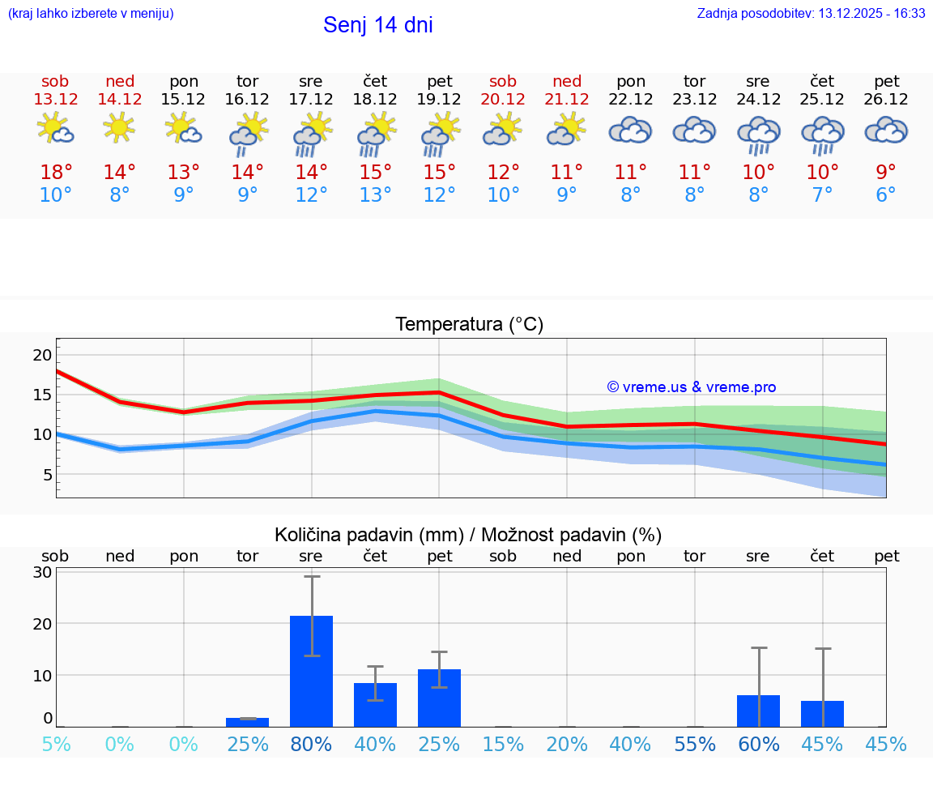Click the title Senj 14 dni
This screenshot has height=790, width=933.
[x=377, y=25]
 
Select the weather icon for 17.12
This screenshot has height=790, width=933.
[x=312, y=134]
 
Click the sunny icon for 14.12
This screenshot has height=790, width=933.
[x=119, y=128]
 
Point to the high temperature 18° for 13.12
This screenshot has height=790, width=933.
[x=56, y=173]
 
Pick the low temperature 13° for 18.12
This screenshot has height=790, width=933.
[x=375, y=195]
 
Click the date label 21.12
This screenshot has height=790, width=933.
[x=567, y=99]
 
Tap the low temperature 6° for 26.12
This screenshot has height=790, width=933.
[x=886, y=195]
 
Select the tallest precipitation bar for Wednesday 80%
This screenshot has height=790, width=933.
[x=312, y=671]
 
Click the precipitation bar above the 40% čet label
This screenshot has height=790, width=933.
[x=375, y=704]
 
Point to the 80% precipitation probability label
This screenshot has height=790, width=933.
[x=312, y=744]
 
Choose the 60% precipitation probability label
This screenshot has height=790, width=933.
[x=759, y=744]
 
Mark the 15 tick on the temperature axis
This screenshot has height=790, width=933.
[x=43, y=395]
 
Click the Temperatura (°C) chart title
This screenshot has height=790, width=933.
[x=469, y=325]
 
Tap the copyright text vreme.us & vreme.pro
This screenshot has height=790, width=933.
[x=692, y=387]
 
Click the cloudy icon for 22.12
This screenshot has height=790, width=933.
[x=630, y=130]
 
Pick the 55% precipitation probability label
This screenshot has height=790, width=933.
[x=695, y=744]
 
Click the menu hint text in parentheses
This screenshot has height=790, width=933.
[x=91, y=13]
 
